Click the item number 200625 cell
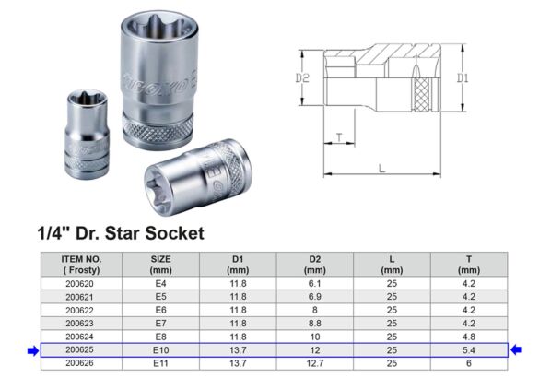point(81,349)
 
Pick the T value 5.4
point(468,349)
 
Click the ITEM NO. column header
point(81,265)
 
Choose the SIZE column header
point(160,265)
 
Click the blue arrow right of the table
point(517,349)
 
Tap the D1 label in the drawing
point(463,79)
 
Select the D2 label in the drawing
point(301,79)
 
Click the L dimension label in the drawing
point(381,168)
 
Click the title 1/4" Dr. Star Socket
point(120,233)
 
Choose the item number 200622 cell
point(81,311)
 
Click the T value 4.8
point(468,337)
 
